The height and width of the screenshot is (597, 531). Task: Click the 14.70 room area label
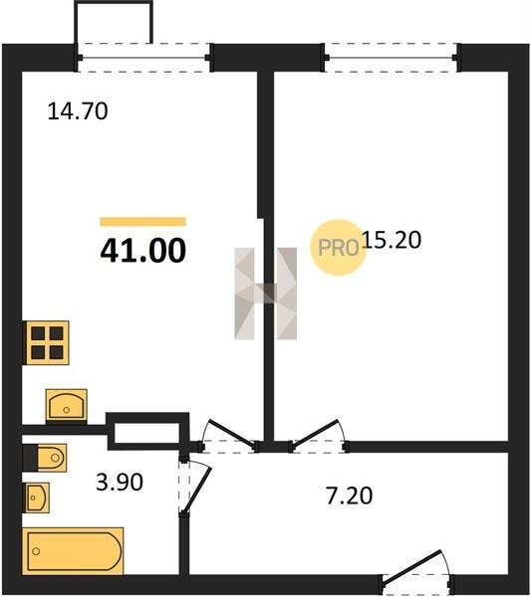coord(78,111)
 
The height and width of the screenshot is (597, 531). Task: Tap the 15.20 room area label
coord(392,240)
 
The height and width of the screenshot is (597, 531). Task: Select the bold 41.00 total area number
coord(142,250)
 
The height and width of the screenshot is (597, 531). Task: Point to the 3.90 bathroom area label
coord(120,482)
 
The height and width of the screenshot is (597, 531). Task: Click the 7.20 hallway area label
coord(349,497)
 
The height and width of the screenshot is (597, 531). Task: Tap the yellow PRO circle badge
coord(338,248)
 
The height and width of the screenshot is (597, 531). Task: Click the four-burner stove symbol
coord(47,342)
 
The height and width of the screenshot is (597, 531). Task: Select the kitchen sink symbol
coord(67,406)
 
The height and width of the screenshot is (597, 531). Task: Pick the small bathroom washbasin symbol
coord(37,497)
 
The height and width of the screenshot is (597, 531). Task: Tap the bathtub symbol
coord(73,551)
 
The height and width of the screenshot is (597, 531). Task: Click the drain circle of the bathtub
coord(36,551)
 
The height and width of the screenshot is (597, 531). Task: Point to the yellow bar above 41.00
coord(142,222)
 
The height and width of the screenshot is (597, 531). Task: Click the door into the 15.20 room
coord(318,436)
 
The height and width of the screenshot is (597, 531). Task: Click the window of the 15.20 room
coord(392,58)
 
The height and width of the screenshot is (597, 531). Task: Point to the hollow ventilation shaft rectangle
coord(147,432)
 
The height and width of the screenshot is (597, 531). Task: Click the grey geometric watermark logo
coord(266,294)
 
